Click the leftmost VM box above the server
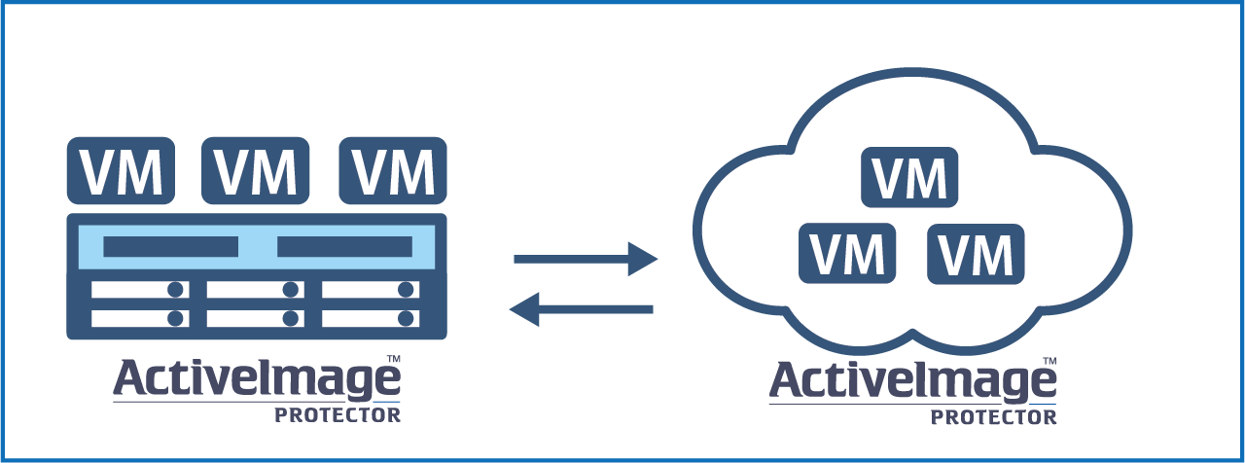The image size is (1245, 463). click(x=121, y=171)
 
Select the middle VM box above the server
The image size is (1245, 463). click(x=256, y=171)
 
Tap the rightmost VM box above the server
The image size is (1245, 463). click(x=393, y=171)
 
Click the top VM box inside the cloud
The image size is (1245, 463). click(x=909, y=177)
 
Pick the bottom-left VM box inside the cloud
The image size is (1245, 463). click(x=846, y=253)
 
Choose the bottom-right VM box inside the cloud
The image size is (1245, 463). click(x=977, y=254)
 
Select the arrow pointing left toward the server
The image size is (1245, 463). click(x=582, y=309)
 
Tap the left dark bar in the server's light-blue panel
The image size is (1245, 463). click(x=171, y=247)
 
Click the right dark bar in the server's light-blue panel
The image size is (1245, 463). click(x=344, y=247)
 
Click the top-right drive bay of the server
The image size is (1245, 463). click(x=371, y=290)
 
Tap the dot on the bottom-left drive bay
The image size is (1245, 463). click(x=176, y=318)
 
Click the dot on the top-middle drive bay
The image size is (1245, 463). click(x=290, y=290)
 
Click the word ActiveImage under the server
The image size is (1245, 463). click(x=257, y=381)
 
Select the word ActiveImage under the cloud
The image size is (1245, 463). click(x=912, y=383)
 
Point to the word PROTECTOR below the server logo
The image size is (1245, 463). click(x=337, y=414)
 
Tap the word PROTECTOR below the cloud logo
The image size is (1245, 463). click(x=993, y=416)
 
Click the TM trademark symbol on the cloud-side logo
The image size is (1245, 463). click(x=1049, y=361)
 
